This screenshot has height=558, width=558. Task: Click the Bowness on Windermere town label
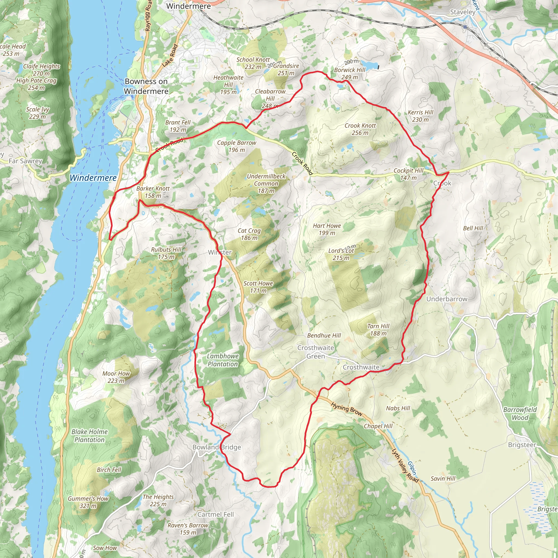(146, 86)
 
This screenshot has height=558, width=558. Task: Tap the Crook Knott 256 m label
(360, 129)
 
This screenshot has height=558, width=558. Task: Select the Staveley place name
(463, 12)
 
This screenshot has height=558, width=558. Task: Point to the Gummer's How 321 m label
(88, 502)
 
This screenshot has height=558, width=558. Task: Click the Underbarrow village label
(447, 299)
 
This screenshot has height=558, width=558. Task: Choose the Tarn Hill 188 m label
(378, 330)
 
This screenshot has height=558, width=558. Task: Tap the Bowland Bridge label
(217, 447)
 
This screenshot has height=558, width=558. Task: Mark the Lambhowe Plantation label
(223, 360)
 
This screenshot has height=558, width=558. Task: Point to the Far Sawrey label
(25, 161)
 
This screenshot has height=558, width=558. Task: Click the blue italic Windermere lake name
(93, 178)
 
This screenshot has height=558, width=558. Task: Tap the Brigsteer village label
(522, 445)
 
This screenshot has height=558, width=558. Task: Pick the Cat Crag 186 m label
(249, 234)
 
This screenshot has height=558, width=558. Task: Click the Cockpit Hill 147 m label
(408, 174)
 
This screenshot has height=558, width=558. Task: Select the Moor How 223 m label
(116, 377)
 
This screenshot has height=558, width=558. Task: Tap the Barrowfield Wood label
(520, 413)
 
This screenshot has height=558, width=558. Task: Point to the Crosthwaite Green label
(316, 352)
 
